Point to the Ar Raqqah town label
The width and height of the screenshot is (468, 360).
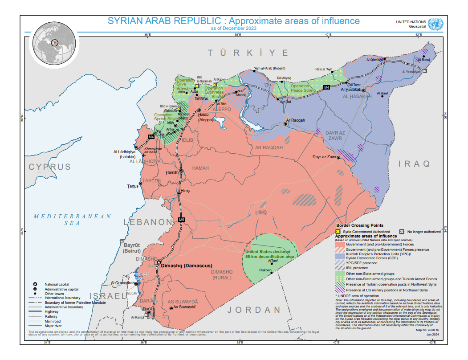tap(295, 120)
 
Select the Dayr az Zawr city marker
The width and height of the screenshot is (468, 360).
tap(339, 157)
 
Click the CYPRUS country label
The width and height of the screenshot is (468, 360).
tap(50, 167)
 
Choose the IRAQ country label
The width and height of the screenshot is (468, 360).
tap(415, 164)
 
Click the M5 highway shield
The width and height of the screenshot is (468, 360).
tap(181, 220)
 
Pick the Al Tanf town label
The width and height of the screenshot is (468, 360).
tap(273, 261)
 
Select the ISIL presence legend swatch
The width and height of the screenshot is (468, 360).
tap(340, 267)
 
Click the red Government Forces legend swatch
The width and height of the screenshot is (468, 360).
tap(340, 245)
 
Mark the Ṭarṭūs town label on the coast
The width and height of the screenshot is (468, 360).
tap(133, 186)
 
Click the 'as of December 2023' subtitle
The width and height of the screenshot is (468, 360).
tap(234, 28)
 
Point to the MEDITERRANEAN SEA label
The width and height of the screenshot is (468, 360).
tap(73, 219)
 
